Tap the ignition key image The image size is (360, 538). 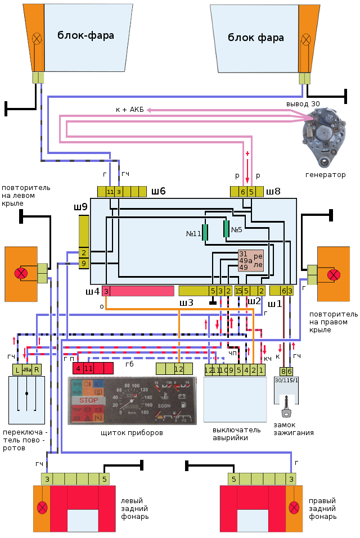pyautogui.click(x=287, y=405)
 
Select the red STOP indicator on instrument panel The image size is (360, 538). pyautogui.click(x=88, y=400)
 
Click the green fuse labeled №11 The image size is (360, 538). pyautogui.click(x=205, y=232)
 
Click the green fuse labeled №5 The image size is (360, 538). pyautogui.click(x=226, y=229)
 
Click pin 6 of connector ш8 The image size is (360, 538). pyautogui.click(x=243, y=192)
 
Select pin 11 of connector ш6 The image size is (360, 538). pyautogui.click(x=110, y=192)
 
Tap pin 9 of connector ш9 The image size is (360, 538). pyautogui.click(x=84, y=263)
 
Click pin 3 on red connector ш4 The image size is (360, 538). pyautogui.click(x=106, y=291)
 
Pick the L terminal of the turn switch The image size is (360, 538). pyautogui.click(x=17, y=369)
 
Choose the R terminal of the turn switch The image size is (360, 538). pyautogui.click(x=37, y=369)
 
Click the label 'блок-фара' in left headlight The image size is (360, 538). pyautogui.click(x=85, y=36)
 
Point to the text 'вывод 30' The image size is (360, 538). pyautogui.click(x=303, y=104)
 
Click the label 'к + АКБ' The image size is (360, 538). pyautogui.click(x=129, y=110)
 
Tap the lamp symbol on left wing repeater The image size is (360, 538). pyautogui.click(x=21, y=274)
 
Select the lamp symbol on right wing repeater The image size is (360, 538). pyautogui.click(x=334, y=274)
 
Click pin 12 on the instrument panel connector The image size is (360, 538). pyautogui.click(x=178, y=369)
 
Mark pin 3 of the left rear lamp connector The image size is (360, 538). pyautogui.click(x=47, y=479)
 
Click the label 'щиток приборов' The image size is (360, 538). pyautogui.click(x=131, y=433)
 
